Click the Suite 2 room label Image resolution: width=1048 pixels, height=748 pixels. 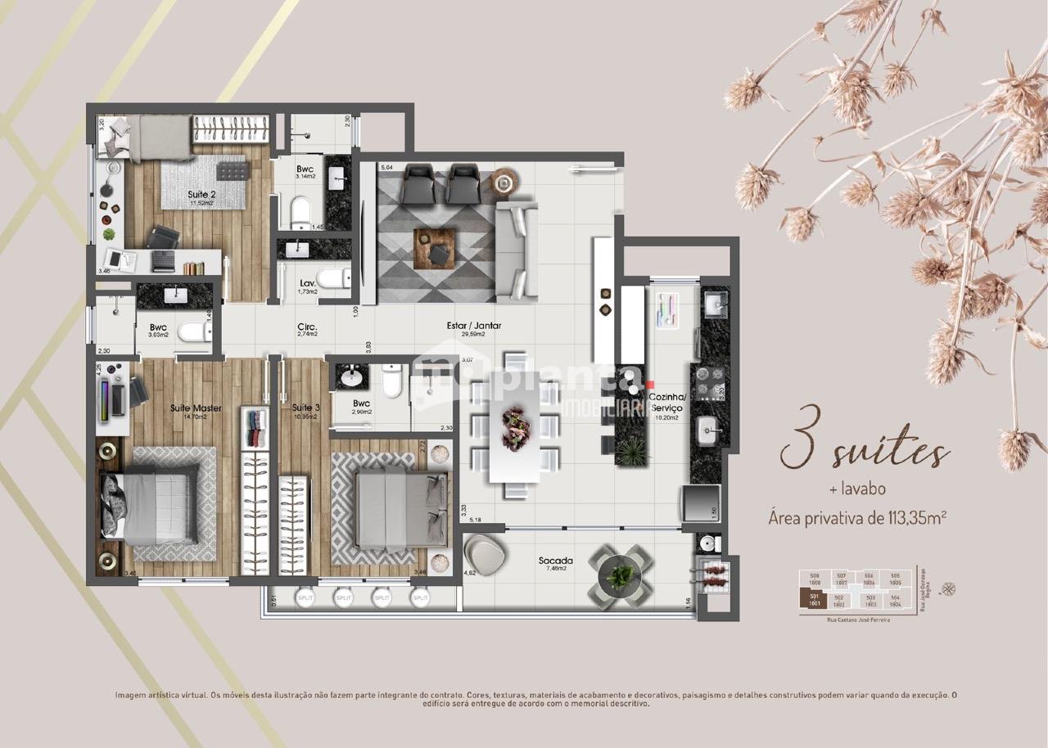tap(196, 194)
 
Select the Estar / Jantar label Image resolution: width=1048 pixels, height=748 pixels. tap(473, 326)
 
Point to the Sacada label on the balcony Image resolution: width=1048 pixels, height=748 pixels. tap(555, 561)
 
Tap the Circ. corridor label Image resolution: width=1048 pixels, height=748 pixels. tap(307, 327)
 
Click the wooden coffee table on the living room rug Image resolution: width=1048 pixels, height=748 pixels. tap(434, 246)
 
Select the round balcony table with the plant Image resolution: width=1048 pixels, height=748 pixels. tap(621, 576)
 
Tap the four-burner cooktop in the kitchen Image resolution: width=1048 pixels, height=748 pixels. tap(709, 377)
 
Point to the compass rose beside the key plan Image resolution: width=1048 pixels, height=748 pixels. tap(949, 588)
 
